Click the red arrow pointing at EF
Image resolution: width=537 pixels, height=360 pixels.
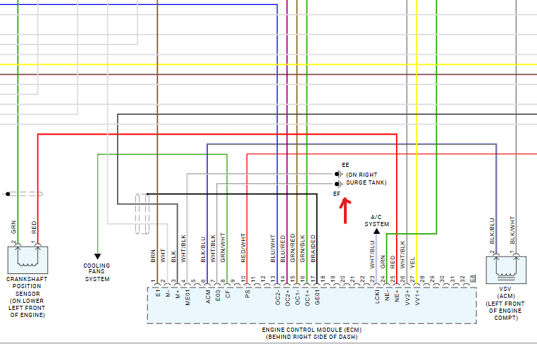(345, 210)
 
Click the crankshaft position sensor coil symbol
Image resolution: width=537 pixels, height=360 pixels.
(28, 259)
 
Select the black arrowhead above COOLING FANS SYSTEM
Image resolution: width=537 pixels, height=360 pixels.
(97, 256)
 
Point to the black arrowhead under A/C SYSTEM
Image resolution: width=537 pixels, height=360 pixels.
(376, 230)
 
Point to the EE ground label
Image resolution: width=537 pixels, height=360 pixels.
(345, 165)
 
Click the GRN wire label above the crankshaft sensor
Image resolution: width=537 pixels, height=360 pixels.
(13, 228)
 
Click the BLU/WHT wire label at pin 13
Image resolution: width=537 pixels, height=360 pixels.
(273, 249)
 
